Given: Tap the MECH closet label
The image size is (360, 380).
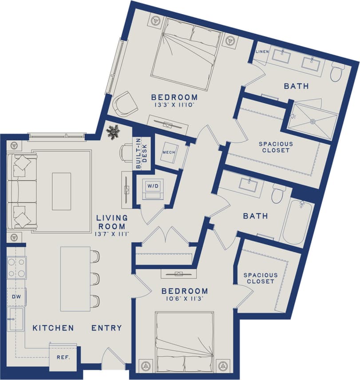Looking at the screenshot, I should (167, 153).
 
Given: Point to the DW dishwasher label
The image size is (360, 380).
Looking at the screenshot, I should (16, 297).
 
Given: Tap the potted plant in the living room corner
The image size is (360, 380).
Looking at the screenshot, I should (112, 132).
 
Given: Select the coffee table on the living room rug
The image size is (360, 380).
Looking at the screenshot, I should (61, 191).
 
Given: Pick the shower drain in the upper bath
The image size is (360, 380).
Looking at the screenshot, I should (312, 121).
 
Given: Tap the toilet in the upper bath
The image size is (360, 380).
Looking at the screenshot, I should (338, 71).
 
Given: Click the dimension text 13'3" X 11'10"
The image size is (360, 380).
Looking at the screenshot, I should (174, 105).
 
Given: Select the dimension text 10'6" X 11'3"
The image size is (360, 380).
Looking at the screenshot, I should (184, 299).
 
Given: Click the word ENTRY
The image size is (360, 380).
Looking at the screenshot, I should (107, 328).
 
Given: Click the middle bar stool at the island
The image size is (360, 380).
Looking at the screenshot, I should (95, 278).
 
